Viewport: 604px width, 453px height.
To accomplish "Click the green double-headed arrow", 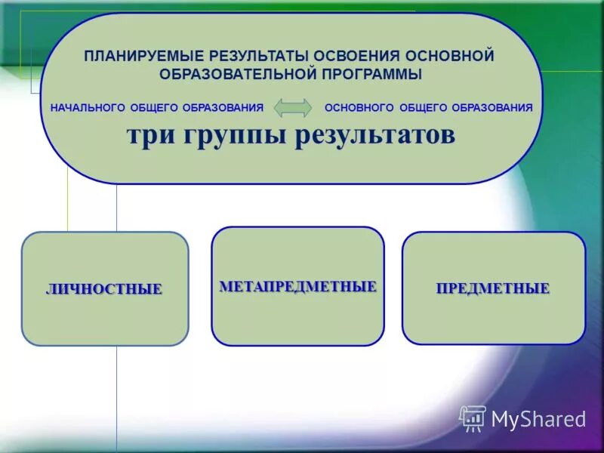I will click(292, 108).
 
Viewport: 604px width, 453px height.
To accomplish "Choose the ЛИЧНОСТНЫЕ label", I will click(104, 289).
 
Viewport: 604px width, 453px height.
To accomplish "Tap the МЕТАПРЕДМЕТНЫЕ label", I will click(297, 287).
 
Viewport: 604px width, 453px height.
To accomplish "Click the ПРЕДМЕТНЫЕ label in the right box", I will click(492, 288).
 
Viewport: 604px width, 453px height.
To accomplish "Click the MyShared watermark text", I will click(538, 420).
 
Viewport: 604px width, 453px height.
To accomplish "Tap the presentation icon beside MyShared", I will click(473, 418).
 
